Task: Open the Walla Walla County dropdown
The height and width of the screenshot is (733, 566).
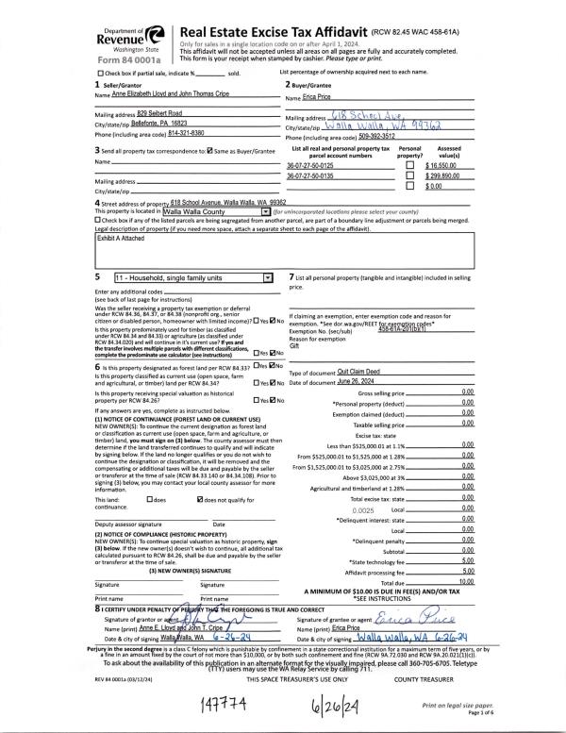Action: point(265,213)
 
